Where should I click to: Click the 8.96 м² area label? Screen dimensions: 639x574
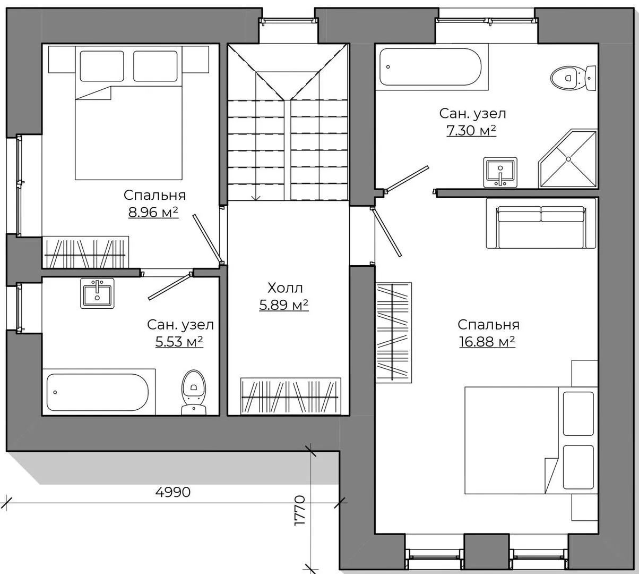[153, 212]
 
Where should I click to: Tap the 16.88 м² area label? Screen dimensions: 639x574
[487, 342]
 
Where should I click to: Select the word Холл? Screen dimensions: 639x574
[285, 288]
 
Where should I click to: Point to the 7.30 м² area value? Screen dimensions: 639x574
[471, 130]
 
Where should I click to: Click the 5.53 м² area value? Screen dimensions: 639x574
[179, 342]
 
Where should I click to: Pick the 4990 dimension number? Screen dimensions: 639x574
[173, 492]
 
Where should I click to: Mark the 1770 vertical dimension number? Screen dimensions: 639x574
[300, 511]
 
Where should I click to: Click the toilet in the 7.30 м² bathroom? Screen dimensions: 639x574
[573, 78]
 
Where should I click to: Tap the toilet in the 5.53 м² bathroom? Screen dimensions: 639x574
[194, 392]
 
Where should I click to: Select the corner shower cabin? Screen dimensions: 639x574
[568, 158]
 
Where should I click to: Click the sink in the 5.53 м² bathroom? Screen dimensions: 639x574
[97, 293]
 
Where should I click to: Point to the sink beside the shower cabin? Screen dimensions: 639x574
[500, 172]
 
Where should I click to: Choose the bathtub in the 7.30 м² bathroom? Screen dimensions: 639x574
[430, 67]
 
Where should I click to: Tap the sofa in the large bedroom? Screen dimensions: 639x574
[541, 223]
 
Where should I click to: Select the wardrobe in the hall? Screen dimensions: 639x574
[290, 396]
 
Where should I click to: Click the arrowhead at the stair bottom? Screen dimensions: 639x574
[256, 198]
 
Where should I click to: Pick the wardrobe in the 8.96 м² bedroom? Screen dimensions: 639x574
[85, 252]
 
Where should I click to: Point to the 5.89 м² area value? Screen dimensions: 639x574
[283, 305]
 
